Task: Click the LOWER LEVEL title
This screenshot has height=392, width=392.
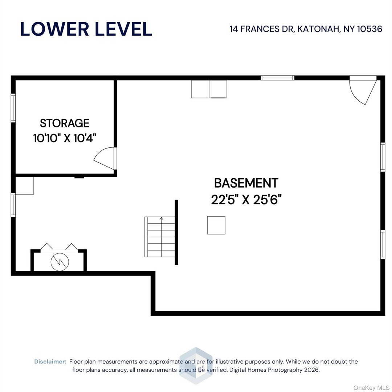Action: click(x=86, y=29)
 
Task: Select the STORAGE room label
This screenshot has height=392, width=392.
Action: click(x=65, y=123)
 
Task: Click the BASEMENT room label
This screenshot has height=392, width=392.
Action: click(x=246, y=183)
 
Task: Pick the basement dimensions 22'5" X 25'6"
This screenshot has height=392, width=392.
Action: click(x=246, y=199)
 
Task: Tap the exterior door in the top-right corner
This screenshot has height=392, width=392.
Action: click(x=363, y=89)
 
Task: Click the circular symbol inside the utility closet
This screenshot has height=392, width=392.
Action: click(x=59, y=262)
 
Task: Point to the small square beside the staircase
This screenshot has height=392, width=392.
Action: click(x=216, y=225)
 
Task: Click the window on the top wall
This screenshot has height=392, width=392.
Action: click(x=278, y=78)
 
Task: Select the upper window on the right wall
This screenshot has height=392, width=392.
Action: click(x=383, y=157)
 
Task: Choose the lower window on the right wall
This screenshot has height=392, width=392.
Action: click(x=383, y=244)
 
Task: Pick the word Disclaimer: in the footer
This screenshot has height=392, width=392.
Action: click(x=50, y=362)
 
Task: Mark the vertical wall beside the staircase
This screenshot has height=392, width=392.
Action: click(x=176, y=232)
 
